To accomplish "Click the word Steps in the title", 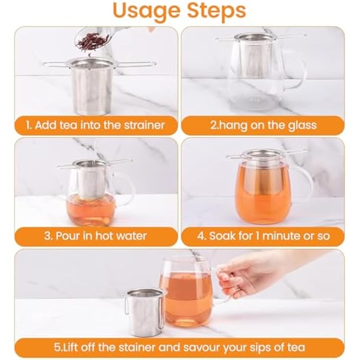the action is pos(217,11).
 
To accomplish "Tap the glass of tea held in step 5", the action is pos(186,292).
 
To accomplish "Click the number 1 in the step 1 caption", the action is pos(28,125).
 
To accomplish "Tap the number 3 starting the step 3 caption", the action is pos(47,236).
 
